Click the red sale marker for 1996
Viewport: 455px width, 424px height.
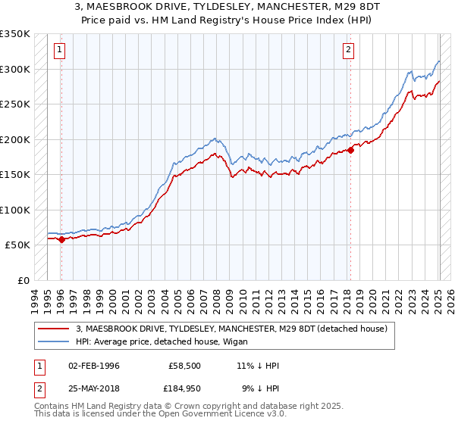tap(61, 239)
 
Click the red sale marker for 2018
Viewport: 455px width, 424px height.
tap(351, 150)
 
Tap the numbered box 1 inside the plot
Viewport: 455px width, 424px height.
tap(59, 51)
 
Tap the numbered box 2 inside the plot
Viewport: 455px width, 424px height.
tap(348, 51)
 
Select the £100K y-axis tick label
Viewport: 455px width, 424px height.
tap(16, 210)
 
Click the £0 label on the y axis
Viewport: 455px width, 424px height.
tap(23, 280)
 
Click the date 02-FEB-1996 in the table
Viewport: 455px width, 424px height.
tap(94, 366)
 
